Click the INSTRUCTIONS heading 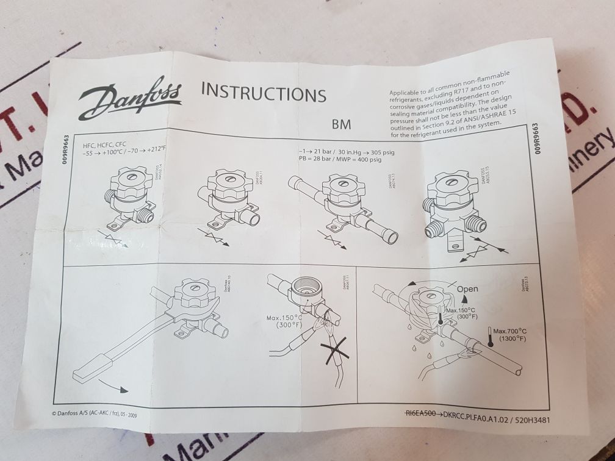pyautogui.click(x=263, y=93)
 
